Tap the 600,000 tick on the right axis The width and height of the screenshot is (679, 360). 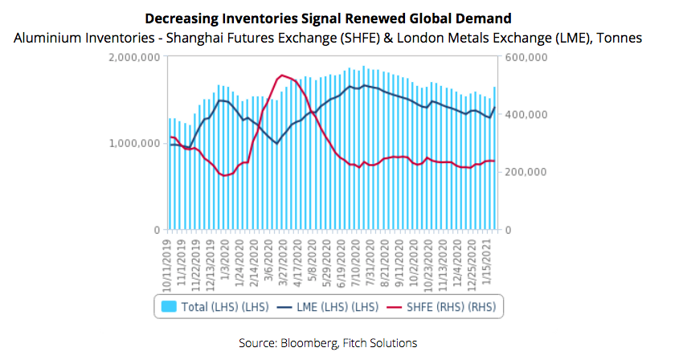526,58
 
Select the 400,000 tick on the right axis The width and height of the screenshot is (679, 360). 526,115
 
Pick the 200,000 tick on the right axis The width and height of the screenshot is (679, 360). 526,173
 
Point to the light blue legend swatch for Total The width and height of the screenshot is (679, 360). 170,306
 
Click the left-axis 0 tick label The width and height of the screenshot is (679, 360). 157,230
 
